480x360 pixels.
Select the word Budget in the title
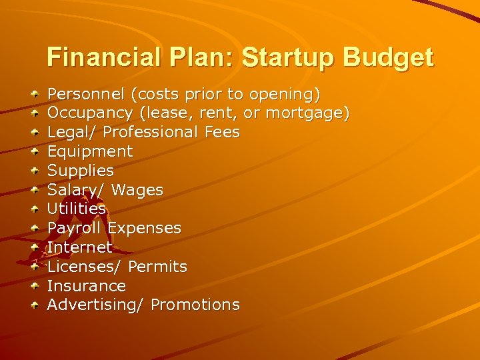pos(388,57)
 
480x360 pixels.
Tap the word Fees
pos(222,132)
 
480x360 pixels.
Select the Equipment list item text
pos(90,151)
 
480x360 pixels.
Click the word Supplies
pos(80,171)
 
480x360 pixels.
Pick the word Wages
pos(137,190)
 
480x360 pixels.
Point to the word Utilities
pos(77,209)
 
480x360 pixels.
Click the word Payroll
pos(74,228)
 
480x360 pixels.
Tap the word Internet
pos(79,247)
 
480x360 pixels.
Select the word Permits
pos(157,267)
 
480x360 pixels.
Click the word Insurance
pos(86,286)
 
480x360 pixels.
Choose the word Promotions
pos(195,305)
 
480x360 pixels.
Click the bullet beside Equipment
pos(35,152)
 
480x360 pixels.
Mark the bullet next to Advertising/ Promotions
pos(35,305)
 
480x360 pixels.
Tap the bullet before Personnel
pos(35,95)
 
